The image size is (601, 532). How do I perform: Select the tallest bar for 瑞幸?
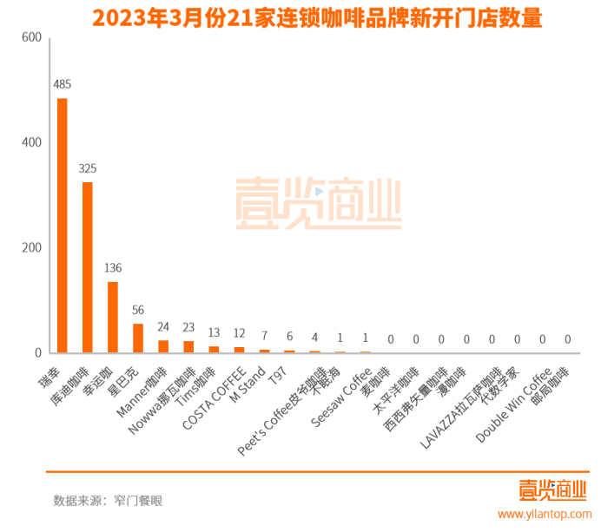tap(62, 226)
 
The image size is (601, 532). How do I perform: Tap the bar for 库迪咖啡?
tap(87, 267)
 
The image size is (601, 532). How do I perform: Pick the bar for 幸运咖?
tap(113, 318)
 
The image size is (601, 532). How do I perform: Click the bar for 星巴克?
tap(138, 338)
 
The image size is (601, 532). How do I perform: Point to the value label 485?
tap(62, 85)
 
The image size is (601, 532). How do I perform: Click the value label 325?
tap(87, 168)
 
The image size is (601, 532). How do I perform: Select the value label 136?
tap(113, 268)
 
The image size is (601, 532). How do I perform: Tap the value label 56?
tap(138, 310)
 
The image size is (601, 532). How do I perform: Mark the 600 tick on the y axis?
tap(30, 37)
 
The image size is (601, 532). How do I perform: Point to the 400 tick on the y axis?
tap(30, 142)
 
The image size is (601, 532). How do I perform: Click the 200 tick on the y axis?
tap(30, 247)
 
